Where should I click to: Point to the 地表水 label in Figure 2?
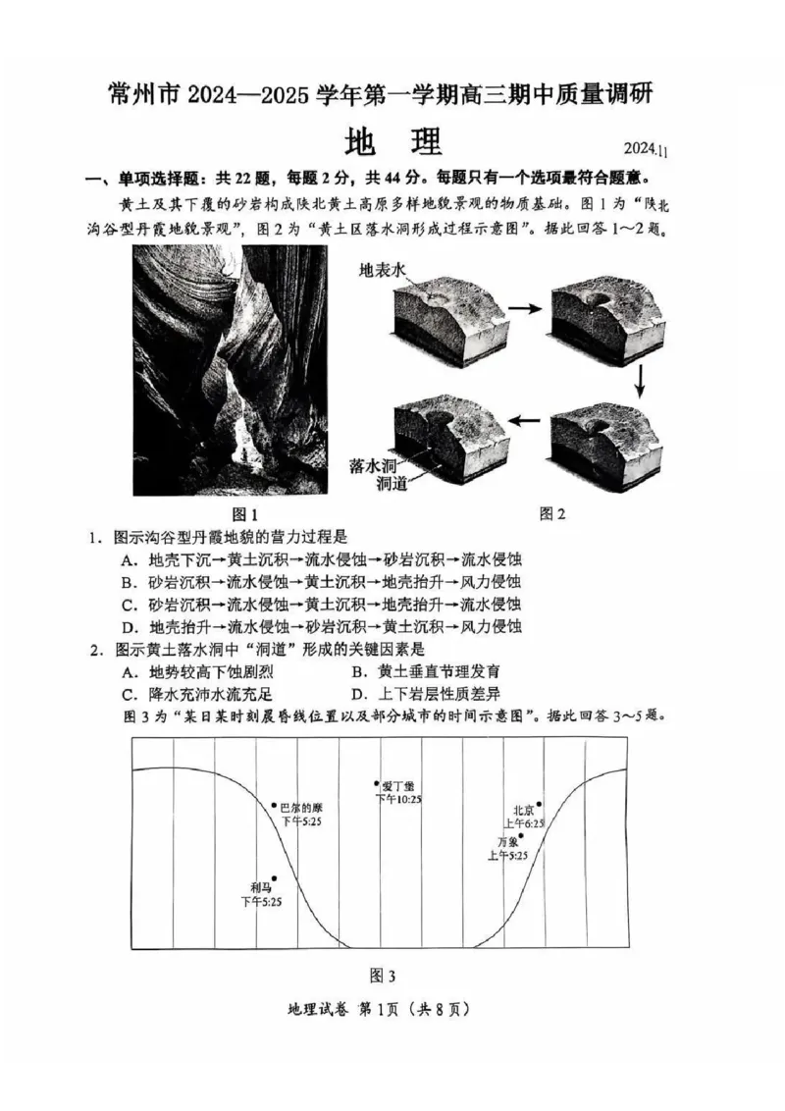click(x=382, y=271)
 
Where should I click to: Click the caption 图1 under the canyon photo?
click(x=243, y=514)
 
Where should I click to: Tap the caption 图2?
click(x=553, y=512)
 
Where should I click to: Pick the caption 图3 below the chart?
click(x=381, y=976)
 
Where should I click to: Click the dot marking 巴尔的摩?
click(x=275, y=805)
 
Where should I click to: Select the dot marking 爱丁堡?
click(x=377, y=783)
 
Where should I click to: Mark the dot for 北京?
click(x=539, y=804)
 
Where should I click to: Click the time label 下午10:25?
click(x=398, y=800)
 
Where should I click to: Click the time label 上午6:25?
click(x=523, y=823)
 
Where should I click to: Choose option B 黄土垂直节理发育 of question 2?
click(x=426, y=672)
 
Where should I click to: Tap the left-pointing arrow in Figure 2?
click(x=526, y=419)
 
